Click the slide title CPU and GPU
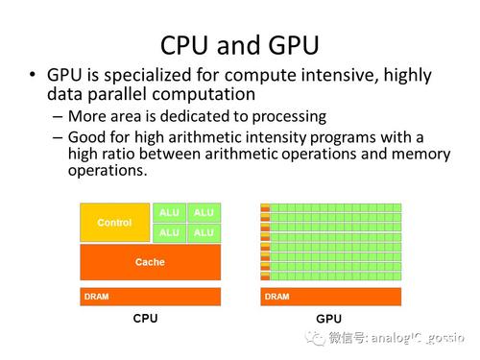pyautogui.click(x=239, y=44)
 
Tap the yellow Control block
pyautogui.click(x=114, y=223)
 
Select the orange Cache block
pyautogui.click(x=150, y=261)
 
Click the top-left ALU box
pyautogui.click(x=169, y=212)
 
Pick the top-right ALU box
pyautogui.click(x=204, y=212)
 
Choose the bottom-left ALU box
pyautogui.click(x=169, y=232)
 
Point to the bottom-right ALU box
pyautogui.click(x=204, y=232)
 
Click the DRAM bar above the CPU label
pyautogui.click(x=150, y=297)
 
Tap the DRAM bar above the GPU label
pyautogui.click(x=330, y=297)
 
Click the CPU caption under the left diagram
pyautogui.click(x=145, y=319)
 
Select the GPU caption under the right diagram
pyautogui.click(x=328, y=319)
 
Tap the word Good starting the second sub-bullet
pyautogui.click(x=87, y=137)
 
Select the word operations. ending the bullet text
pyautogui.click(x=108, y=171)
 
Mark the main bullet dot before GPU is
pyautogui.click(x=33, y=76)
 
